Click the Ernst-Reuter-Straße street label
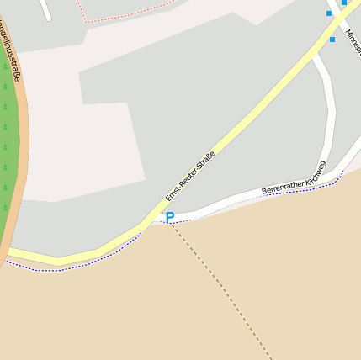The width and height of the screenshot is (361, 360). pyautogui.click(x=190, y=175)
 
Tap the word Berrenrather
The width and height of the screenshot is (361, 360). pyautogui.click(x=281, y=185)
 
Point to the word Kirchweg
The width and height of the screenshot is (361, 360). pyautogui.click(x=316, y=170)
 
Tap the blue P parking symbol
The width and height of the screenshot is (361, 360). pyautogui.click(x=169, y=218)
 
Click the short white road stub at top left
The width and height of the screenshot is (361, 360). pyautogui.click(x=45, y=10)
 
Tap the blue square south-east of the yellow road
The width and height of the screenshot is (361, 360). pyautogui.click(x=332, y=40)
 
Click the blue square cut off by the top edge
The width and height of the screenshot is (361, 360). pyautogui.click(x=344, y=3)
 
